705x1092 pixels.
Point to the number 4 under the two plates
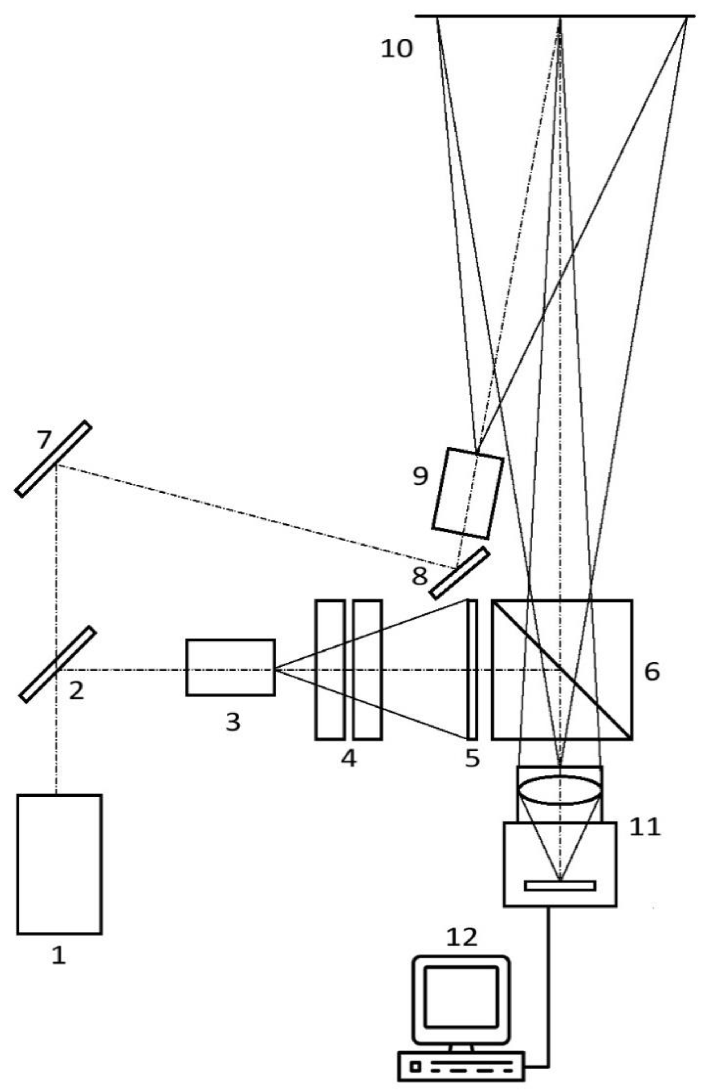[x=349, y=759]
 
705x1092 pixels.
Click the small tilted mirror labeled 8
[x=459, y=573]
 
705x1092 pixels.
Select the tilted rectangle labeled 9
[x=468, y=493]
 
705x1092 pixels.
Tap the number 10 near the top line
[x=396, y=48]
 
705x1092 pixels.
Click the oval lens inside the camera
[x=559, y=790]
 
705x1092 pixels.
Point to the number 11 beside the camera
[x=645, y=827]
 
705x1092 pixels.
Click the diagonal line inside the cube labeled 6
[x=562, y=669]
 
